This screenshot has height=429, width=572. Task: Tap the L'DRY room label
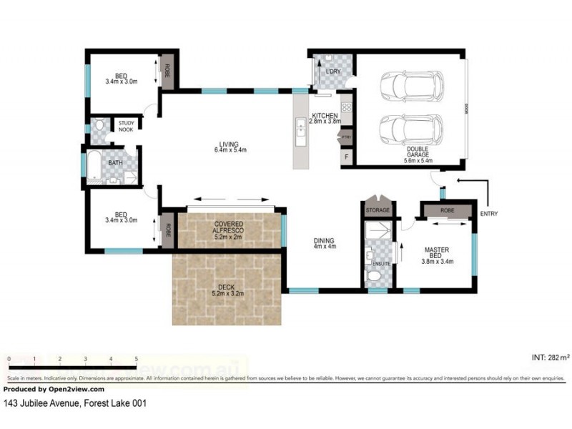point(332,72)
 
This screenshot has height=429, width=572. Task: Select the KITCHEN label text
point(324,115)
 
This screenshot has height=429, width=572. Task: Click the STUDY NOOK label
point(127,127)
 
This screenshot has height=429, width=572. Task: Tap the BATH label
point(115,163)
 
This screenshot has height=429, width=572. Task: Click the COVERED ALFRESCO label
point(229,227)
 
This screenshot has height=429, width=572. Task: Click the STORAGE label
point(377,210)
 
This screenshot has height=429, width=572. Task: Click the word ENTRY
point(490,213)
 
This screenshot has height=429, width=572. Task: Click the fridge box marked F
point(347,156)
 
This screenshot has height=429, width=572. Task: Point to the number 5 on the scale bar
point(136,358)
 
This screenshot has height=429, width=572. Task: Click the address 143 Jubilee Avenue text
point(75,403)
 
